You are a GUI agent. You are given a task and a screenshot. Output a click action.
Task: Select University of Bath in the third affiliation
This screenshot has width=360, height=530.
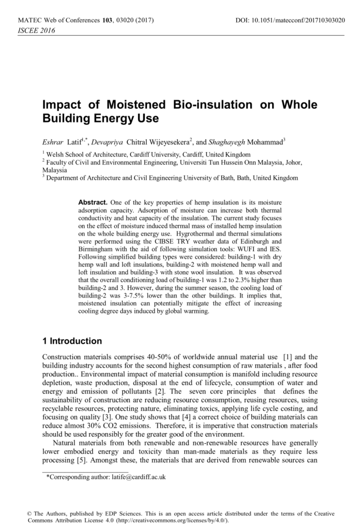[x=223, y=178]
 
